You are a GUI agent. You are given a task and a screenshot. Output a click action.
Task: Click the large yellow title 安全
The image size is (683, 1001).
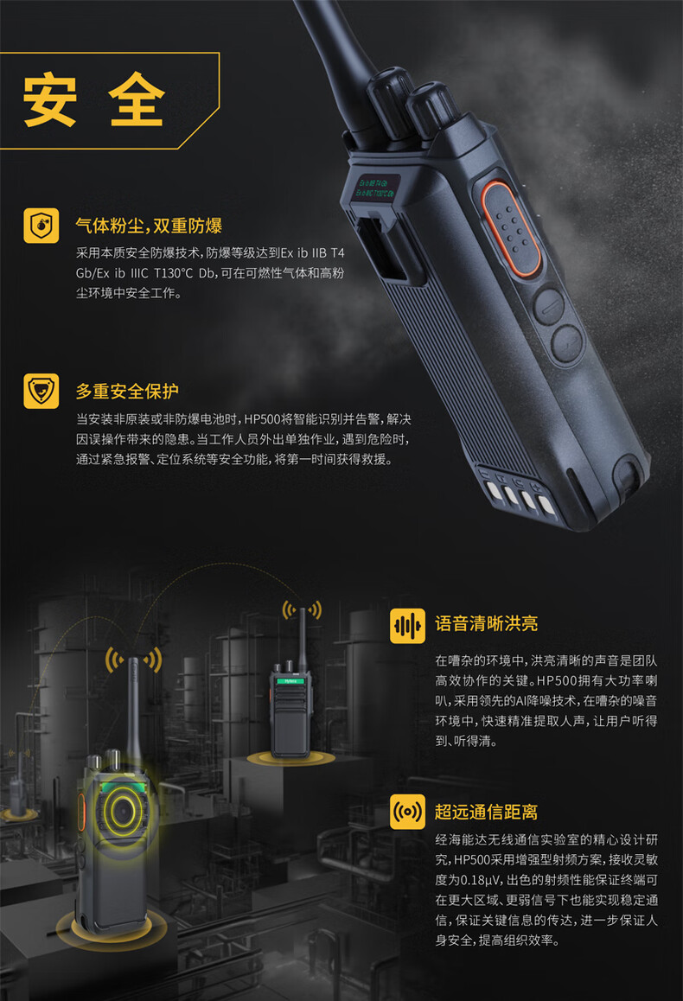[x=94, y=99]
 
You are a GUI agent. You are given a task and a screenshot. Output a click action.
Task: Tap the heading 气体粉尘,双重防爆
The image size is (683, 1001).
[x=149, y=226]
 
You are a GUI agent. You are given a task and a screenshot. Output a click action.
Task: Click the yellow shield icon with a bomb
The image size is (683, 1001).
[x=41, y=226]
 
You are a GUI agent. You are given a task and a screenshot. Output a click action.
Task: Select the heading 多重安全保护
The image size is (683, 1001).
[x=127, y=391]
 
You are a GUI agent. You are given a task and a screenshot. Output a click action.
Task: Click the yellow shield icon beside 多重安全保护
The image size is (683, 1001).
[x=41, y=391]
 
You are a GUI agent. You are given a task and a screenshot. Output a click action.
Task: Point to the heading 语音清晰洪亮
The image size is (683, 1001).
[x=487, y=624]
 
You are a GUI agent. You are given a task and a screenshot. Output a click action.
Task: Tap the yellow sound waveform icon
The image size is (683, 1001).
[x=407, y=625]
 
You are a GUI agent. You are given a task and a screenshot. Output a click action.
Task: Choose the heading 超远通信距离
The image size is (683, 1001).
[x=487, y=812]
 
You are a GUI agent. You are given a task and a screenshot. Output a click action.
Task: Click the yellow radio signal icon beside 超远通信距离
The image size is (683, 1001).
[x=407, y=812]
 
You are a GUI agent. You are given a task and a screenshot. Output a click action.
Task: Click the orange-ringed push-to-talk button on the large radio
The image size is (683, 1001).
[x=509, y=229]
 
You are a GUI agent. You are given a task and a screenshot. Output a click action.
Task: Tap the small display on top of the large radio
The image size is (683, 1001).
[x=375, y=188]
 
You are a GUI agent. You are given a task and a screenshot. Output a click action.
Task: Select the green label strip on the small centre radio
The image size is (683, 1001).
[x=290, y=681]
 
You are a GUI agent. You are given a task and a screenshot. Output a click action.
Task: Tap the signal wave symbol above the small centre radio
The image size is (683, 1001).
[x=303, y=610]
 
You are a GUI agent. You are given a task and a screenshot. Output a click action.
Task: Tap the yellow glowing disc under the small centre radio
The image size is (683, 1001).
[x=291, y=758]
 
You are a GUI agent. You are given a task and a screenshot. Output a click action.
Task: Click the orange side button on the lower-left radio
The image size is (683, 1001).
[x=82, y=812]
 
